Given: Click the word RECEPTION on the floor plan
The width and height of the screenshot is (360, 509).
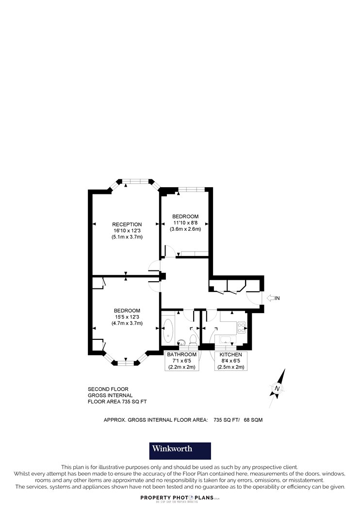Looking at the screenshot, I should tap(127, 224).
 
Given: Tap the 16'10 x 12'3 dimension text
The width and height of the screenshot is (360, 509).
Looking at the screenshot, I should tap(127, 230).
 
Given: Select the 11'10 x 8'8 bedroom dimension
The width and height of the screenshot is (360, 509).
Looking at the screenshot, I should tap(185, 223).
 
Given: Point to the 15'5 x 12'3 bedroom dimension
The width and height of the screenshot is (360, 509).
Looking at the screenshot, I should tap(127, 317).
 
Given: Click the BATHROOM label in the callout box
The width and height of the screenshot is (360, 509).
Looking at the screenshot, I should tap(181, 354).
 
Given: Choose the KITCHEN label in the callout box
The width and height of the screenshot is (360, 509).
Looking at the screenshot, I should tap(231, 354).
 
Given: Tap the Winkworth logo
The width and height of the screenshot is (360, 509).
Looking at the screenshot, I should tap(180, 450).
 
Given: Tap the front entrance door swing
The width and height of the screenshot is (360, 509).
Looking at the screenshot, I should tap(253, 298).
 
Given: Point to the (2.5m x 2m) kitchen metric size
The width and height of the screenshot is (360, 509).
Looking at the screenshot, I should tap(231, 367).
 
